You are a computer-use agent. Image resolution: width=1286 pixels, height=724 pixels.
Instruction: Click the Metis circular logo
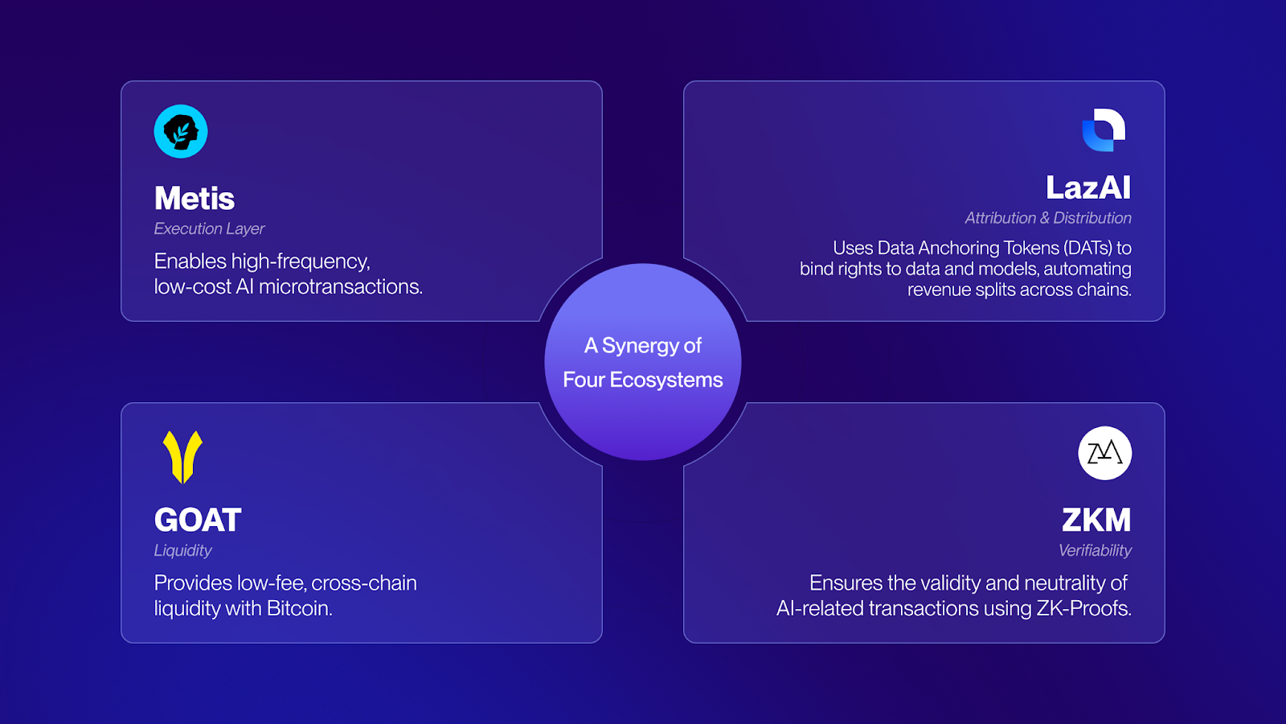(x=181, y=131)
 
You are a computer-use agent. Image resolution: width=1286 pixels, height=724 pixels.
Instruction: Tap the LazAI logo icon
(x=1104, y=130)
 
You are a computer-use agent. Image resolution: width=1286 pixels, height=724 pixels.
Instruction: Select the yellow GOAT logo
(x=182, y=456)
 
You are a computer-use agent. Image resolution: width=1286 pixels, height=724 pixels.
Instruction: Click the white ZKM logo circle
(x=1104, y=453)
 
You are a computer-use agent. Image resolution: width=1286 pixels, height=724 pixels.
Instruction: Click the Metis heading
(x=195, y=199)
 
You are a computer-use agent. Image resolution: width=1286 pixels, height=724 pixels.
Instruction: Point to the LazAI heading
(x=1088, y=188)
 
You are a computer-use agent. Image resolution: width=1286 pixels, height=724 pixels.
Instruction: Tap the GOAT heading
(x=198, y=520)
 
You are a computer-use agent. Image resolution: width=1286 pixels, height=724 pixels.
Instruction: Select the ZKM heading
(x=1096, y=520)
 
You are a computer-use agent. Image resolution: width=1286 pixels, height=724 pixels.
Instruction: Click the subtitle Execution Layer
(x=209, y=228)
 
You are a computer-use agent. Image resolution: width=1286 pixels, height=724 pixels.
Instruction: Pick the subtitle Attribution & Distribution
(x=1048, y=218)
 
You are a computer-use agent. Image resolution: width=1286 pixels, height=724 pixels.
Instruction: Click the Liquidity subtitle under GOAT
(x=182, y=550)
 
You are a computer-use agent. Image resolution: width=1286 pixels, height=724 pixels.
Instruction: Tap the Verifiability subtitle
(x=1095, y=550)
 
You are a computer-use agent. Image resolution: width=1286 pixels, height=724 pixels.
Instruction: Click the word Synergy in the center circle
(x=641, y=346)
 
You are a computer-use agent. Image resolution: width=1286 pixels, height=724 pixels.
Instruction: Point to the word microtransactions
(x=340, y=286)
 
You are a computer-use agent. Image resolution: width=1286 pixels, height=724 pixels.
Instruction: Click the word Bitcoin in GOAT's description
(x=299, y=608)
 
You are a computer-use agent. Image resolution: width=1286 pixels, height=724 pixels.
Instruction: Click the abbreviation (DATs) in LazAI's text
(x=1088, y=248)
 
